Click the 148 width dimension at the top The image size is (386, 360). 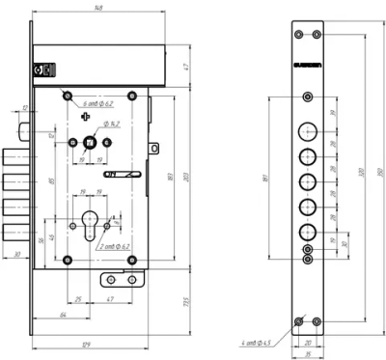pyautogui.click(x=99, y=7)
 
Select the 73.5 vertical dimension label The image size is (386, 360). pyautogui.click(x=183, y=303)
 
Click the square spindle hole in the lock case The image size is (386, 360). pyautogui.click(x=89, y=145)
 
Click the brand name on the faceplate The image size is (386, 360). pyautogui.click(x=309, y=67)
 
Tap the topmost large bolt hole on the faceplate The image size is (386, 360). pyautogui.click(x=309, y=132)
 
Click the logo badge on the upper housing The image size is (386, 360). pyautogui.click(x=40, y=69)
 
